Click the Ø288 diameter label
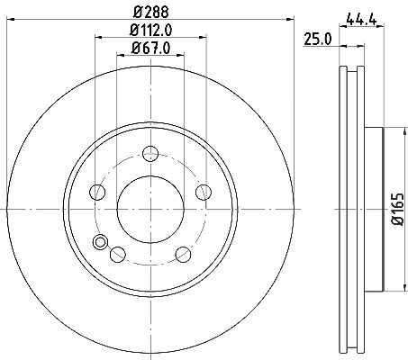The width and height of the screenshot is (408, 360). pyautogui.click(x=151, y=12)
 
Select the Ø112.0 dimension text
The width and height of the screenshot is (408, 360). pyautogui.click(x=151, y=30)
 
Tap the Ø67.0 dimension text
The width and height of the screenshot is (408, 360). pyautogui.click(x=150, y=48)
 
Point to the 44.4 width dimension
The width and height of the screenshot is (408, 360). pyautogui.click(x=361, y=19)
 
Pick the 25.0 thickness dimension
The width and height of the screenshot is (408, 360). pyautogui.click(x=318, y=40)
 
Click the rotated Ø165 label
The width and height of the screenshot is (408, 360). pyautogui.click(x=398, y=209)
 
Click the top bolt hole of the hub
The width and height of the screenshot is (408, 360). pyautogui.click(x=150, y=153)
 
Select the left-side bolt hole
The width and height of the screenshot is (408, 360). pyautogui.click(x=97, y=192)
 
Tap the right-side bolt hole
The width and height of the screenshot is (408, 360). pyautogui.click(x=204, y=192)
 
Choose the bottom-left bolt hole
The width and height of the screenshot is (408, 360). pyautogui.click(x=118, y=254)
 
